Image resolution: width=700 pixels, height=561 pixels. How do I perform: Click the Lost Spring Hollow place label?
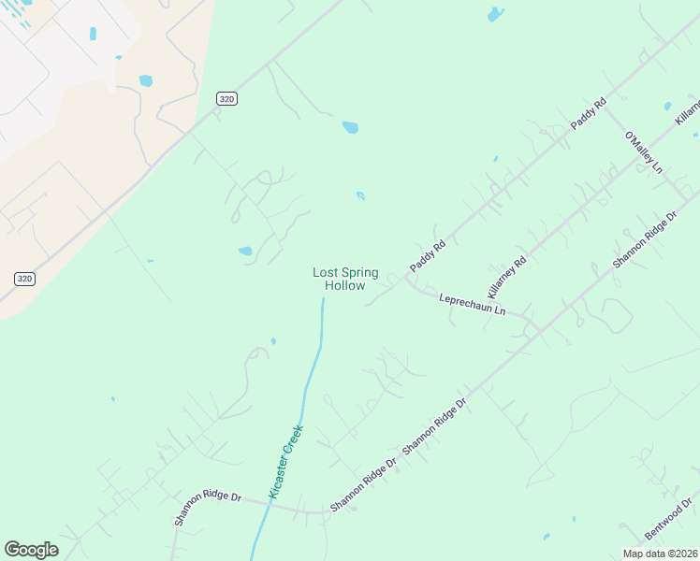click(345, 279)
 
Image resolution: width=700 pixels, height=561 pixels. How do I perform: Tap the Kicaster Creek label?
click(285, 460)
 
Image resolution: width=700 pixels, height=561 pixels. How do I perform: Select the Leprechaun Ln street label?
click(473, 304)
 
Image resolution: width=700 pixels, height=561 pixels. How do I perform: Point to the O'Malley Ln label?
click(644, 153)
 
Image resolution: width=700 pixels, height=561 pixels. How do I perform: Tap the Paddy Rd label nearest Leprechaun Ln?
click(427, 256)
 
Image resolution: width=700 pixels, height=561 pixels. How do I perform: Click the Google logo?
click(31, 550)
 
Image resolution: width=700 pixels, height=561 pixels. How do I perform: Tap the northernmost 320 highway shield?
click(226, 98)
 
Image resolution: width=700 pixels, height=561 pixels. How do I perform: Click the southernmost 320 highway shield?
click(25, 279)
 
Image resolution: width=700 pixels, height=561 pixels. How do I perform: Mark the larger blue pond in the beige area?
click(146, 80)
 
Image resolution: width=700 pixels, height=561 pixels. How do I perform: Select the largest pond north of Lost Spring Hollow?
click(350, 127)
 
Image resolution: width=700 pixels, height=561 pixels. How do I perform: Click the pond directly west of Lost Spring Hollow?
click(245, 251)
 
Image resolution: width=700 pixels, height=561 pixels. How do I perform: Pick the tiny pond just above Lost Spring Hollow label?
click(360, 195)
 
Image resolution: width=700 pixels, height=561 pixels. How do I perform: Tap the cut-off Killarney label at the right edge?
click(688, 111)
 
